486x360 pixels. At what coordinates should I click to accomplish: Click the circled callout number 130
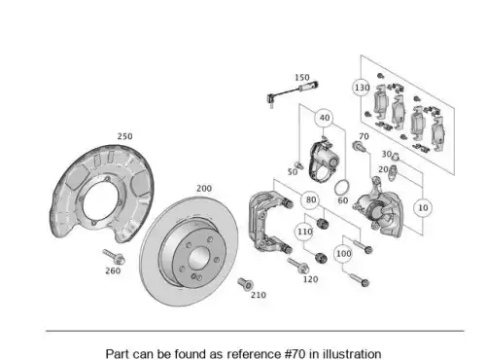(362, 88)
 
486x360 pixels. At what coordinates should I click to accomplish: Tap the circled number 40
(325, 118)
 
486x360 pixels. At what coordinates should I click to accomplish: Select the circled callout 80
(310, 199)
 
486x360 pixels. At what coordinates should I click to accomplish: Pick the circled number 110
(304, 232)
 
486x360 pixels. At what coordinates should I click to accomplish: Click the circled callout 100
(343, 253)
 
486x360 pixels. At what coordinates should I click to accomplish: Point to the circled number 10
(423, 207)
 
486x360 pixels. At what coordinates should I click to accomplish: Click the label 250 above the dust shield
(124, 136)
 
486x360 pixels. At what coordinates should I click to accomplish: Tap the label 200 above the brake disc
(204, 189)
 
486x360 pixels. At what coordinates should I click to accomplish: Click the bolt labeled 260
(114, 256)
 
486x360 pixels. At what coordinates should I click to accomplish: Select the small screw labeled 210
(245, 284)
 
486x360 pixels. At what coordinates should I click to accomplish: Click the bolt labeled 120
(298, 265)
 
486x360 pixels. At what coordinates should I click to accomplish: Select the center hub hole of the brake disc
(197, 257)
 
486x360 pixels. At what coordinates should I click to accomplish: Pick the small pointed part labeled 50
(299, 164)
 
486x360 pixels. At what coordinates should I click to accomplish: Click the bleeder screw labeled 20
(394, 170)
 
